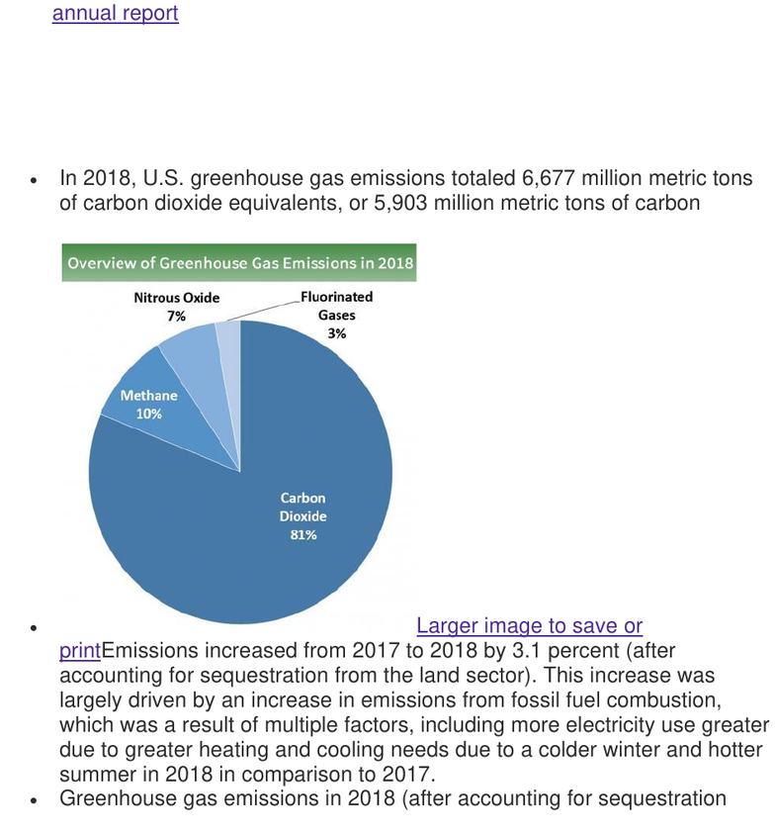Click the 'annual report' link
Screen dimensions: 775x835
pos(116,13)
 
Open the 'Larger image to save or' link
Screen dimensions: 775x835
pos(529,625)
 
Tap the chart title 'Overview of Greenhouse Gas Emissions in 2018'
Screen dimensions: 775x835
pos(240,263)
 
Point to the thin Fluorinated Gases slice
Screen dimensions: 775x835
pos(231,362)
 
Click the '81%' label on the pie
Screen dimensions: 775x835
pos(303,534)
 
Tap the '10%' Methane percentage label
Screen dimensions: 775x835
pos(149,414)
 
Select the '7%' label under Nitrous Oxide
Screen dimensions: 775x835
pos(177,317)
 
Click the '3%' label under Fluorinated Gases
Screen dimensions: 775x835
pos(337,333)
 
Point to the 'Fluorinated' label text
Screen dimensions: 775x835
pos(337,297)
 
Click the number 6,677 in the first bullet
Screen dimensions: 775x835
pos(549,178)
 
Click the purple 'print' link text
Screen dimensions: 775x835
pos(80,651)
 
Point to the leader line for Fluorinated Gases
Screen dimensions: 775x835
pos(264,312)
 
